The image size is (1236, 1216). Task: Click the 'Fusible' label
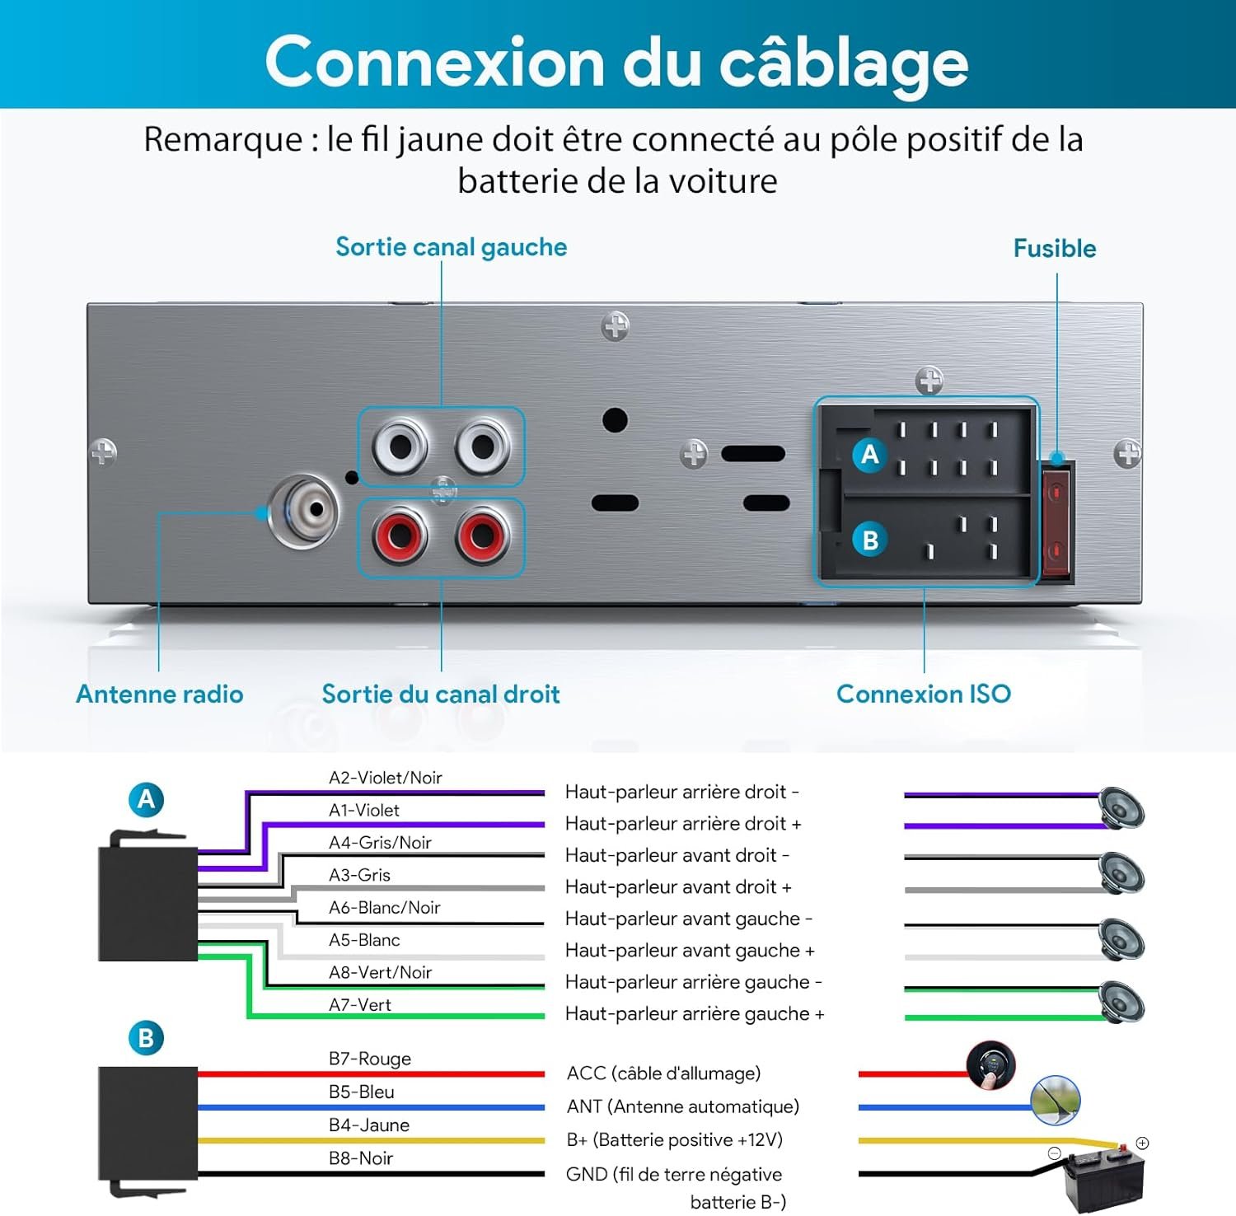tap(1054, 248)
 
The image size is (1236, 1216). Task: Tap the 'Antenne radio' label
tap(160, 694)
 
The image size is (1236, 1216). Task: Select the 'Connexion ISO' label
tap(923, 694)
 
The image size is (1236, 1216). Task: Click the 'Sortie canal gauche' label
tap(451, 246)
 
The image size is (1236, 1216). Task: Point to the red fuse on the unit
tap(1056, 521)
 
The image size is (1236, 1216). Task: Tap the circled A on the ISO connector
tap(869, 454)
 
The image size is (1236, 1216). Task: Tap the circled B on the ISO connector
tap(869, 540)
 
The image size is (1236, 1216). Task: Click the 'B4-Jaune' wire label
tap(368, 1125)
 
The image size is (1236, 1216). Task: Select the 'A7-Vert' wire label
tap(359, 1004)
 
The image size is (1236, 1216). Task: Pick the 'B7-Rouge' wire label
tap(369, 1059)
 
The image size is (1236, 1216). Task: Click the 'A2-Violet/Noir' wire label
tap(385, 778)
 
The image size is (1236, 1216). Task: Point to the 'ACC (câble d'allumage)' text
tap(663, 1073)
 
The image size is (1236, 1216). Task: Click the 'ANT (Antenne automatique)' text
tap(682, 1106)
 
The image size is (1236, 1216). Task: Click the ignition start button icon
tap(990, 1065)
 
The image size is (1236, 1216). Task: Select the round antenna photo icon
tap(1055, 1099)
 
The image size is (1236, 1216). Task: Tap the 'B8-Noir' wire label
tap(360, 1158)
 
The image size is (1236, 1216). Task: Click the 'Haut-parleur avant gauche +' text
tap(690, 950)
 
